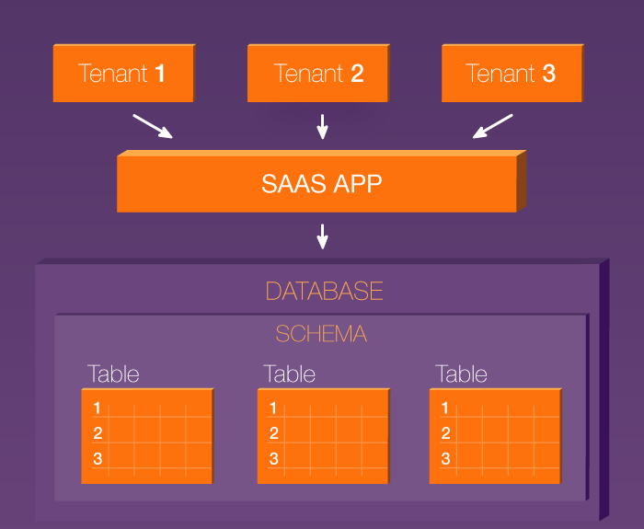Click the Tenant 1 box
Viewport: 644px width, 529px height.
click(124, 73)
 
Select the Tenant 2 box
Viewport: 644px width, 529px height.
click(318, 73)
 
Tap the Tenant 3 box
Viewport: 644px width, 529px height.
click(512, 73)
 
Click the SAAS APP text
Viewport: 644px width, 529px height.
click(322, 184)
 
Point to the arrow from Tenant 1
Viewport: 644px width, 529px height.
click(153, 127)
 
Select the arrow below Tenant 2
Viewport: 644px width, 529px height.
click(322, 127)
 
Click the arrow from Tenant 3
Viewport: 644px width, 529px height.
click(492, 127)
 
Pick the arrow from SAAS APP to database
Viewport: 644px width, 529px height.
click(322, 236)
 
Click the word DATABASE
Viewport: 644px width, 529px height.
click(325, 292)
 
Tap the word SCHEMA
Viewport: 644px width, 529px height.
click(321, 333)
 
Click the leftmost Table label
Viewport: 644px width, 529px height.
click(113, 374)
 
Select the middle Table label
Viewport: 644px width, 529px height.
click(289, 374)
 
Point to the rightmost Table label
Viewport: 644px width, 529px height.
click(461, 374)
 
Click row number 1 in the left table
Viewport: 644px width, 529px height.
click(97, 408)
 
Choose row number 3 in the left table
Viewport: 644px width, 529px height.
click(98, 458)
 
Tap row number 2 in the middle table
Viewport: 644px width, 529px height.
click(274, 433)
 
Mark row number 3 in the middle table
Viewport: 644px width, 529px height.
click(274, 458)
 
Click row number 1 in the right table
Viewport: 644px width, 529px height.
click(444, 408)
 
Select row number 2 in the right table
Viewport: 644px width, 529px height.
click(445, 433)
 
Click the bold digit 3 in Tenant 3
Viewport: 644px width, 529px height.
click(549, 74)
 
